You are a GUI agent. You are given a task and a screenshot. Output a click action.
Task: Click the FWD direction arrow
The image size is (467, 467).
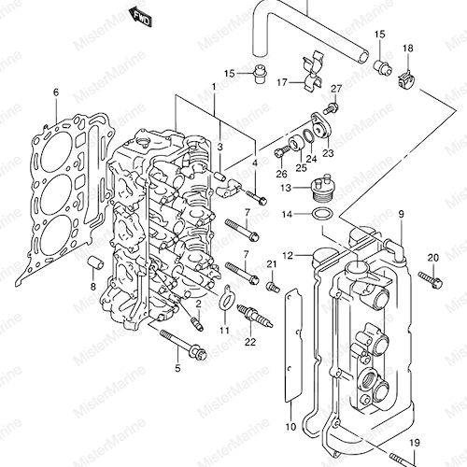(140, 18)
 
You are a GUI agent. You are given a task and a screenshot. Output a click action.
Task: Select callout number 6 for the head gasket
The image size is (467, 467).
(56, 92)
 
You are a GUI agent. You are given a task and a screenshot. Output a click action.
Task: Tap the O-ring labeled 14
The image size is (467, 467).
(322, 214)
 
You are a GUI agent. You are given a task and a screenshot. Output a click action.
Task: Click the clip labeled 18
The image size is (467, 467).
(405, 80)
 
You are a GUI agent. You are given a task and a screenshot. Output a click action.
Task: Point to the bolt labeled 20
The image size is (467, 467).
(430, 279)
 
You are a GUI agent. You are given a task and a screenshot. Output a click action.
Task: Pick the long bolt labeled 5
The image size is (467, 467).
(183, 347)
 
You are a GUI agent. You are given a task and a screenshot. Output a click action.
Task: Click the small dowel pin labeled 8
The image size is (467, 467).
(95, 263)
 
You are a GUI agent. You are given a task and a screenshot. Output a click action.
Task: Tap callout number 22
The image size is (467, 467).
(250, 342)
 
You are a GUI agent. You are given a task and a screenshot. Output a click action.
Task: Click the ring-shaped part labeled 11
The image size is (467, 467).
(226, 300)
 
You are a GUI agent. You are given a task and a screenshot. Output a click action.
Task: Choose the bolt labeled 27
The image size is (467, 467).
(331, 108)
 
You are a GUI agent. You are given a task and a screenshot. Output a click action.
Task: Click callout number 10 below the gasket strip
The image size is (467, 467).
(290, 427)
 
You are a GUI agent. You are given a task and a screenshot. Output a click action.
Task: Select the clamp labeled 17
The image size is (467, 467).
(312, 72)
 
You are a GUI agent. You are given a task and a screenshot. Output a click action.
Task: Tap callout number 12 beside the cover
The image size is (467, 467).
(289, 256)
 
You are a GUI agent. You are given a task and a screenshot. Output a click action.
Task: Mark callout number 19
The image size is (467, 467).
(415, 443)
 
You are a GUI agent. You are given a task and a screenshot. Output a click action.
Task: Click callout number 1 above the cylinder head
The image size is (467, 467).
(214, 87)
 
